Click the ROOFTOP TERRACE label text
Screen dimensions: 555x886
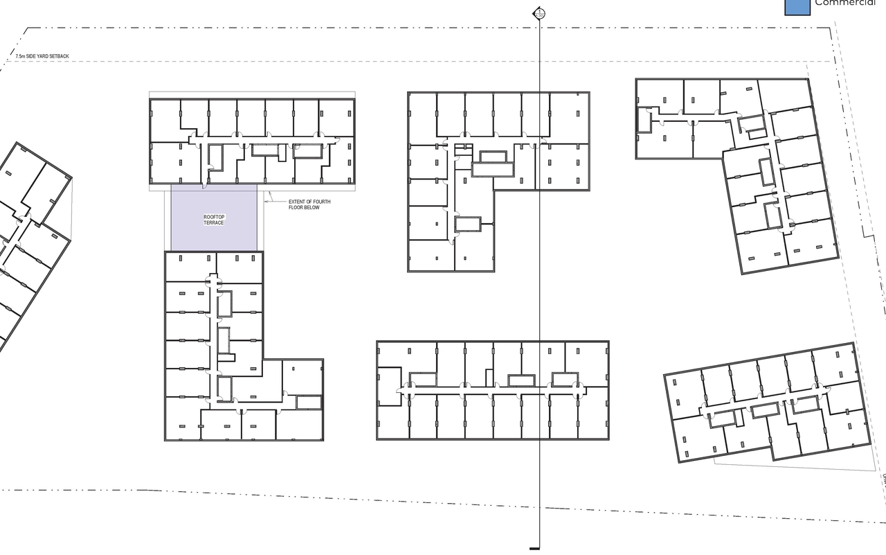(214, 220)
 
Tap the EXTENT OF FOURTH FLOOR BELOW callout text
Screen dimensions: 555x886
(304, 204)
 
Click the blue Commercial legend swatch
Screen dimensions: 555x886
(797, 6)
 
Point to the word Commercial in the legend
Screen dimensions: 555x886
(845, 3)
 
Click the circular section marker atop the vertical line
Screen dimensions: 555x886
(539, 13)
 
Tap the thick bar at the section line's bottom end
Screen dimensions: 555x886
(534, 548)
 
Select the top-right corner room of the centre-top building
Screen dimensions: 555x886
(569, 116)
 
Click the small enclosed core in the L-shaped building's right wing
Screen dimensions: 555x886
(308, 402)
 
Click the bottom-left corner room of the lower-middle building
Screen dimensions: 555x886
(392, 419)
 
